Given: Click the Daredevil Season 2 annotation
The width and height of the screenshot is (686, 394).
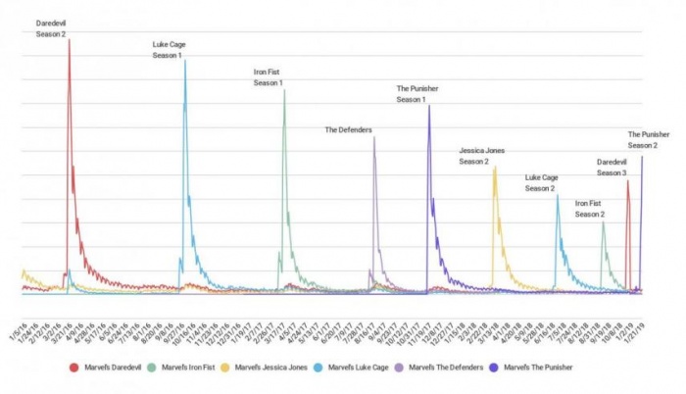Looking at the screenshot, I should pyautogui.click(x=51, y=27).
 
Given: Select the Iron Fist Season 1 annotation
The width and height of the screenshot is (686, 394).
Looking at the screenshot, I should pyautogui.click(x=268, y=77).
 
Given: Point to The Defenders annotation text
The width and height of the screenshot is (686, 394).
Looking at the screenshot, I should pyautogui.click(x=348, y=128).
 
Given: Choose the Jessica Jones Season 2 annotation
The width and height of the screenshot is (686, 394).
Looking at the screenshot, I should pyautogui.click(x=481, y=155).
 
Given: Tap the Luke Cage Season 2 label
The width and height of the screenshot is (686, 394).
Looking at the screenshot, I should pyautogui.click(x=541, y=182).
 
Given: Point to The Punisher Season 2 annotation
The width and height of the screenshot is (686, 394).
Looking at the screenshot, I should pyautogui.click(x=649, y=139).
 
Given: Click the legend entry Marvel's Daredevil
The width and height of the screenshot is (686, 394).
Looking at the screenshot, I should pyautogui.click(x=104, y=368).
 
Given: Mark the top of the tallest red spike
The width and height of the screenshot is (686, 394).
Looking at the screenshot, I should pyautogui.click(x=69, y=40).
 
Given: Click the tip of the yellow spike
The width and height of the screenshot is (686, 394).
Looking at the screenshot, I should pyautogui.click(x=495, y=167).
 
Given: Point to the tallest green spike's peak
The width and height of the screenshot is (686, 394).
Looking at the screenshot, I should pyautogui.click(x=284, y=91).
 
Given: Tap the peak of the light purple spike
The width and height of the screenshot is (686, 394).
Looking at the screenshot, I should pyautogui.click(x=374, y=137).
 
